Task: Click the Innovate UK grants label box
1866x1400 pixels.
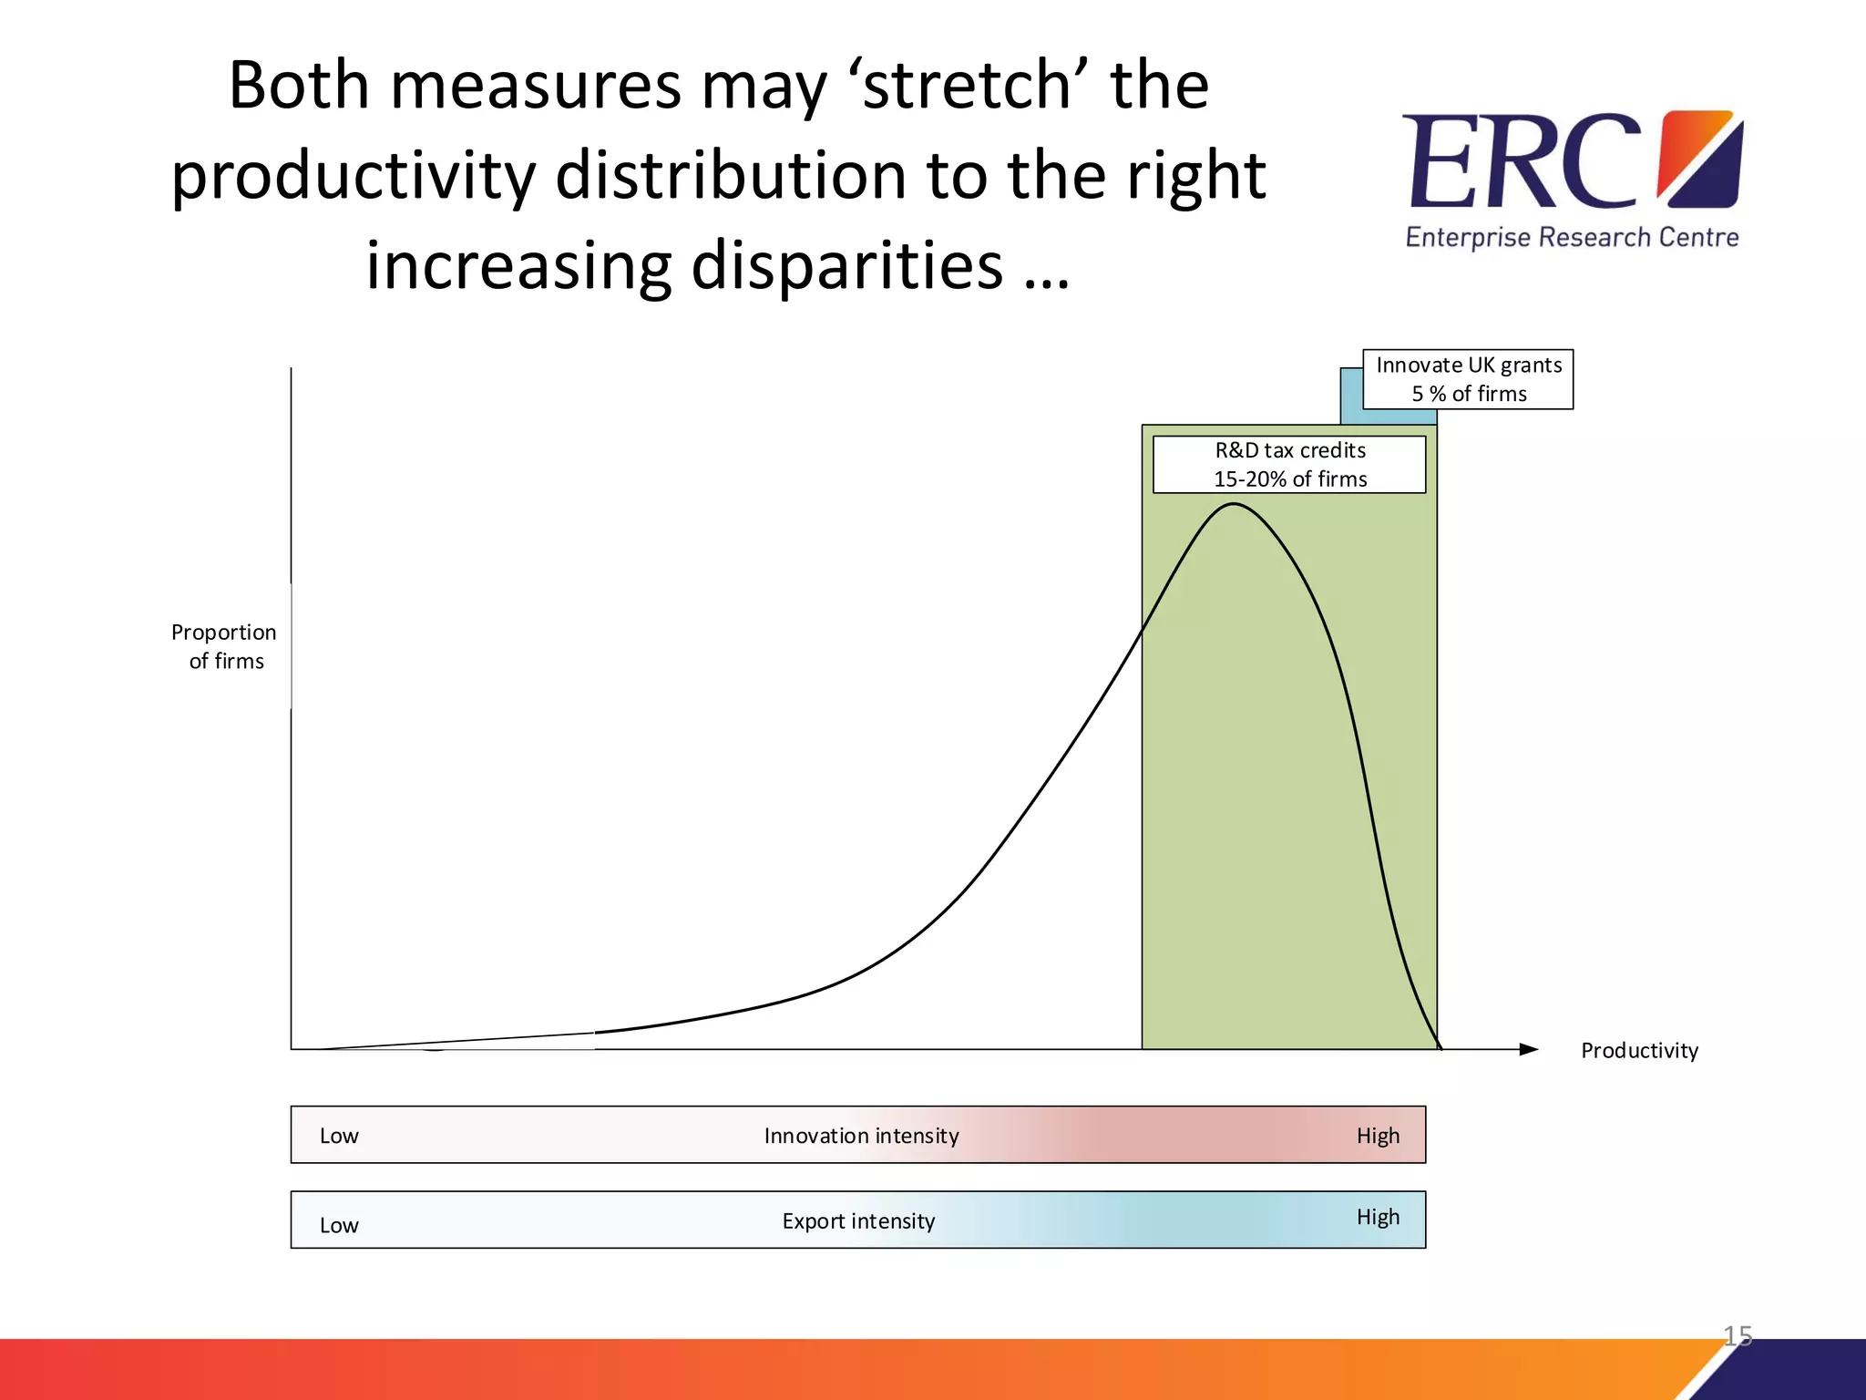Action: tap(1468, 379)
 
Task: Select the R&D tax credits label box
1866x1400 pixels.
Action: tap(1289, 465)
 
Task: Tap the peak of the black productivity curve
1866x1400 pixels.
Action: tap(1232, 504)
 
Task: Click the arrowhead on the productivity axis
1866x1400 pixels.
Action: tap(1529, 1049)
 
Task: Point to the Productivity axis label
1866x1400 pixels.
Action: tap(1639, 1051)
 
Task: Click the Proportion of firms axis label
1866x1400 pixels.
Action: tap(224, 646)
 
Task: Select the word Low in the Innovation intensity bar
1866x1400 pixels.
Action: tap(339, 1136)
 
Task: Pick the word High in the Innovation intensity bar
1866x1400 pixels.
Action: tap(1378, 1136)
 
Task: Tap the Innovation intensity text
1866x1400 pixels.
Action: tap(861, 1136)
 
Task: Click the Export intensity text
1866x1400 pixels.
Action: tap(858, 1221)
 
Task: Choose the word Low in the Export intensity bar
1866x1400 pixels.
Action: tap(339, 1225)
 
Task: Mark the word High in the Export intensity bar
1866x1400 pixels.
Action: tap(1378, 1217)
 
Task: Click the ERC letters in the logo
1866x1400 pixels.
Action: tap(1522, 162)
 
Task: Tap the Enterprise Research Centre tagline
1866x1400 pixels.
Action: tap(1572, 238)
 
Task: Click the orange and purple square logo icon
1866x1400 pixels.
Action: tap(1700, 159)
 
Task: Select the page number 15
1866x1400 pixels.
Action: tap(1738, 1335)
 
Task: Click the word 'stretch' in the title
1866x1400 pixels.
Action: tap(969, 85)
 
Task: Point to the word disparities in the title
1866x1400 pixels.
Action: tap(846, 265)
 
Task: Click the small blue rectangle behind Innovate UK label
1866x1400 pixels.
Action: tap(1350, 397)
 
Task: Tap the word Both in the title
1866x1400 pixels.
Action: tap(300, 85)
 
